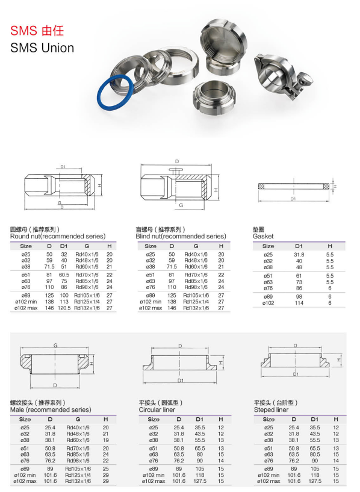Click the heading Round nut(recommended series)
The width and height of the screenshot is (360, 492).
[58, 237]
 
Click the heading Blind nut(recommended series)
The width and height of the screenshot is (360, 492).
[181, 237]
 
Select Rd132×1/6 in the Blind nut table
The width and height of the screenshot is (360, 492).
[196, 308]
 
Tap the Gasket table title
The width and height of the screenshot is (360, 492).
[263, 237]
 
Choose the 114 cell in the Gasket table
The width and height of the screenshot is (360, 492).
[299, 302]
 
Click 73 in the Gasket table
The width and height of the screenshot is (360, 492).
[299, 282]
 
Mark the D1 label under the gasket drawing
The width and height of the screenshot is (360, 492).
[293, 198]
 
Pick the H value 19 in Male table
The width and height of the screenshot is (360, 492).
[106, 440]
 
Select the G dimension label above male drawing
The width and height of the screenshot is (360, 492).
[55, 345]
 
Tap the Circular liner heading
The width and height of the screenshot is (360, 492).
[160, 409]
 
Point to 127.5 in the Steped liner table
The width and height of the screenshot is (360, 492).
[314, 481]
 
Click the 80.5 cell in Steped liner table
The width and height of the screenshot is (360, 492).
[314, 455]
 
